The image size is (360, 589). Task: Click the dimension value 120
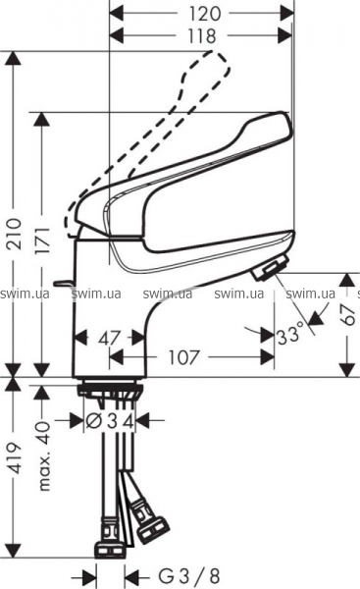204,14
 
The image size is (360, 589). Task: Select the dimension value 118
202,36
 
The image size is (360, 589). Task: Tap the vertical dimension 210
15,234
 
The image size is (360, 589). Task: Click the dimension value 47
109,338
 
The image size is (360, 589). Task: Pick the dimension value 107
182,357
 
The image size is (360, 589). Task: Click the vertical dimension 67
348,315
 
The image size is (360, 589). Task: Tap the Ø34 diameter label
110,422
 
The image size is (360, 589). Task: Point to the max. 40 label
44,456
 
